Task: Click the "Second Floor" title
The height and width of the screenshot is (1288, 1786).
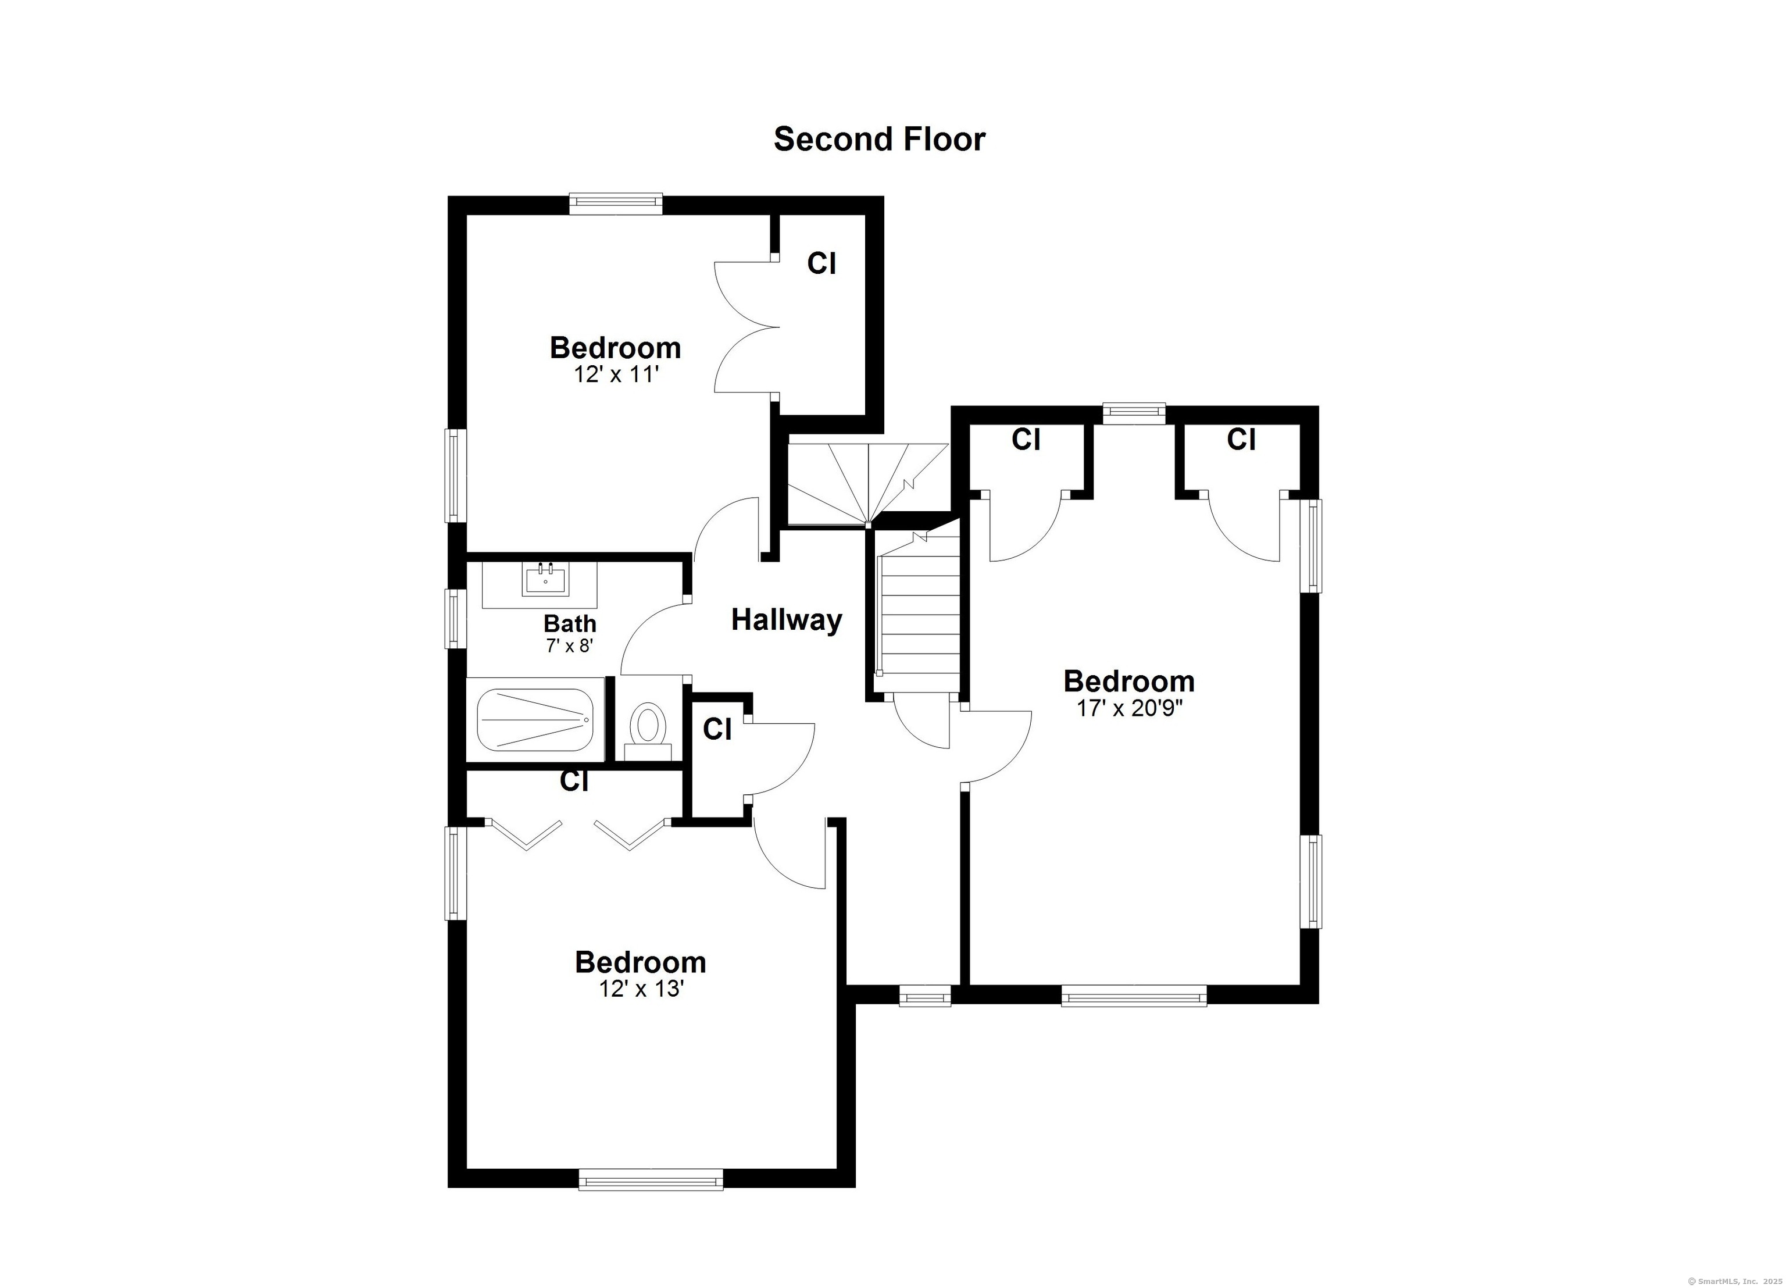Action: tap(879, 140)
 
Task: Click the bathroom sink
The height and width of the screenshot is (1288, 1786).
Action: tap(545, 579)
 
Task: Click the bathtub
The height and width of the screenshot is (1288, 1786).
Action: tap(535, 720)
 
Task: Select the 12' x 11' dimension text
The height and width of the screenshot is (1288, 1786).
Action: tap(616, 374)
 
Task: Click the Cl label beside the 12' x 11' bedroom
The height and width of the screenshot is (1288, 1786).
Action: tap(821, 264)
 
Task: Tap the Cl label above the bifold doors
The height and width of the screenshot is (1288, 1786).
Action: tap(574, 782)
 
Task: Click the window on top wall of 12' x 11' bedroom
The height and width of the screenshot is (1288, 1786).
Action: tap(616, 205)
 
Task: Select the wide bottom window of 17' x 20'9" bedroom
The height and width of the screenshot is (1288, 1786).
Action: tap(1134, 996)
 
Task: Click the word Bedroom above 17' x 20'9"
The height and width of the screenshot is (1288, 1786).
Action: tap(1129, 682)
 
